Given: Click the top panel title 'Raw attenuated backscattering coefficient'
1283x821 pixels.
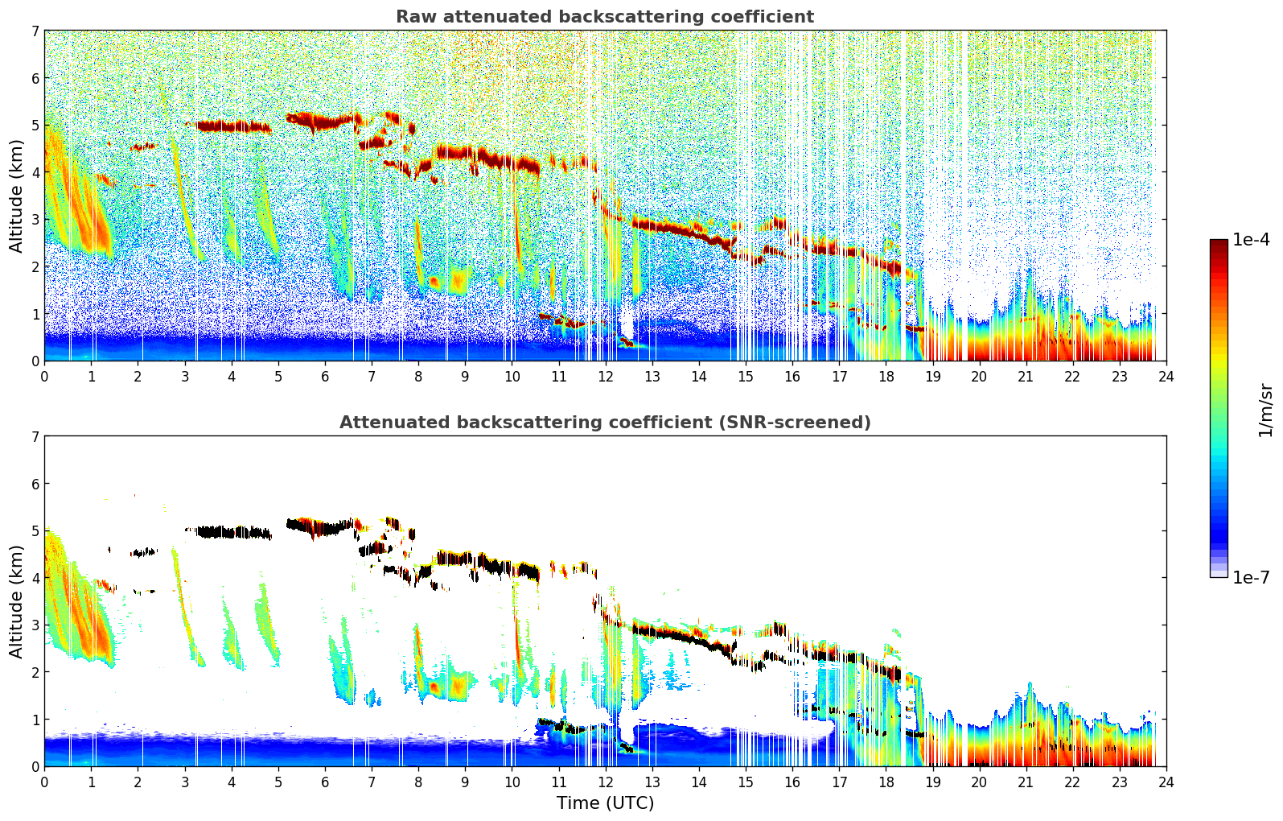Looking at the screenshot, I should pyautogui.click(x=604, y=17).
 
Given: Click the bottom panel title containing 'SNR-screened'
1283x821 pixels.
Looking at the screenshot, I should pyautogui.click(x=604, y=423).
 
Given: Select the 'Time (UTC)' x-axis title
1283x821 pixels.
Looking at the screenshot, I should pyautogui.click(x=605, y=803).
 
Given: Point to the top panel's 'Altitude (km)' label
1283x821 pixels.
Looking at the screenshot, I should pyautogui.click(x=16, y=196).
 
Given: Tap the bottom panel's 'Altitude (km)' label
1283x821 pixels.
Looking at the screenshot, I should pyautogui.click(x=16, y=601).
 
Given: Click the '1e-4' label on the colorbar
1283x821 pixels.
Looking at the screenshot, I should pyautogui.click(x=1251, y=240).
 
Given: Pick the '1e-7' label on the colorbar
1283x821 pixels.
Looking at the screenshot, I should pyautogui.click(x=1251, y=577).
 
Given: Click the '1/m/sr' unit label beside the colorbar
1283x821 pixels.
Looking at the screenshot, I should pyautogui.click(x=1265, y=410).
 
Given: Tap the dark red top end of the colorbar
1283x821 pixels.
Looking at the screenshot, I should pyautogui.click(x=1219, y=244).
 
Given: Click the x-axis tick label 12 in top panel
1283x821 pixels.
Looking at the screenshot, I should pyautogui.click(x=605, y=376).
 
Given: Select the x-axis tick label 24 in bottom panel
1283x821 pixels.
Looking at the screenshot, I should pyautogui.click(x=1166, y=782).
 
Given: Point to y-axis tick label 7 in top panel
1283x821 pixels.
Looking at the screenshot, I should pyautogui.click(x=35, y=31).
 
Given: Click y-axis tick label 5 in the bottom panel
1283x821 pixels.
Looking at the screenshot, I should pyautogui.click(x=35, y=531).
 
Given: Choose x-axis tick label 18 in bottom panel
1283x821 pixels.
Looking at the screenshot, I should pyautogui.click(x=886, y=782).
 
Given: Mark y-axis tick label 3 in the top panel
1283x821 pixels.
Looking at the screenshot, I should pyautogui.click(x=35, y=220).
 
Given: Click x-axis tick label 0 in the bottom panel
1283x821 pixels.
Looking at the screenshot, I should pyautogui.click(x=44, y=782).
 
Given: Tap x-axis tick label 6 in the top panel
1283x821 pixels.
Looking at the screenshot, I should pyautogui.click(x=325, y=376).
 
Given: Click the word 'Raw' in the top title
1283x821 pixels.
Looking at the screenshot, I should pyautogui.click(x=413, y=17).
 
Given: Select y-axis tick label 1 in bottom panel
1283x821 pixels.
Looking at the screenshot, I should pyautogui.click(x=35, y=720).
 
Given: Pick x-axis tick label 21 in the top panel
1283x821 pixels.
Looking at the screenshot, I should pyautogui.click(x=1026, y=376).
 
